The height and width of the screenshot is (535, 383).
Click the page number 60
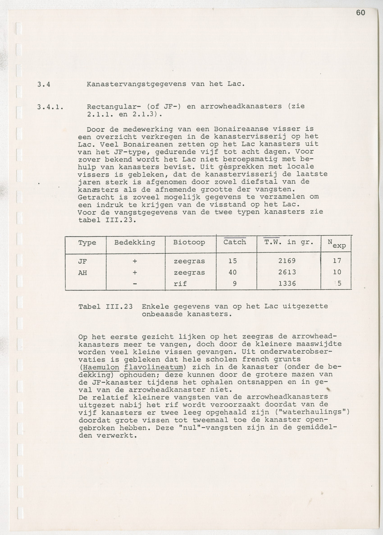(x=360, y=13)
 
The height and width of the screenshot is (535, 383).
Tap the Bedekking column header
(x=135, y=242)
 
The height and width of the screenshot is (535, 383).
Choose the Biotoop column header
(x=189, y=242)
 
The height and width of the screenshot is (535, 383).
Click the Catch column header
(x=235, y=242)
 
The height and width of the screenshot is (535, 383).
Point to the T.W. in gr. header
(x=288, y=242)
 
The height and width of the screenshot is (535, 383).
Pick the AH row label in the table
(x=83, y=272)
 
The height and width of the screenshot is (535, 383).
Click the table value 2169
(x=287, y=261)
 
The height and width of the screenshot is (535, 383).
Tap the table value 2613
(x=287, y=272)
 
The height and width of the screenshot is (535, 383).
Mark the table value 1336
(x=287, y=284)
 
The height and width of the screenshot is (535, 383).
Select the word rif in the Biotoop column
(x=180, y=284)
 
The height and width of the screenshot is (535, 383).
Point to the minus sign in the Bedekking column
(x=135, y=284)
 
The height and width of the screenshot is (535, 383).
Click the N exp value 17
(x=337, y=261)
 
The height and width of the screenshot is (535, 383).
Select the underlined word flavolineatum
(x=149, y=367)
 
